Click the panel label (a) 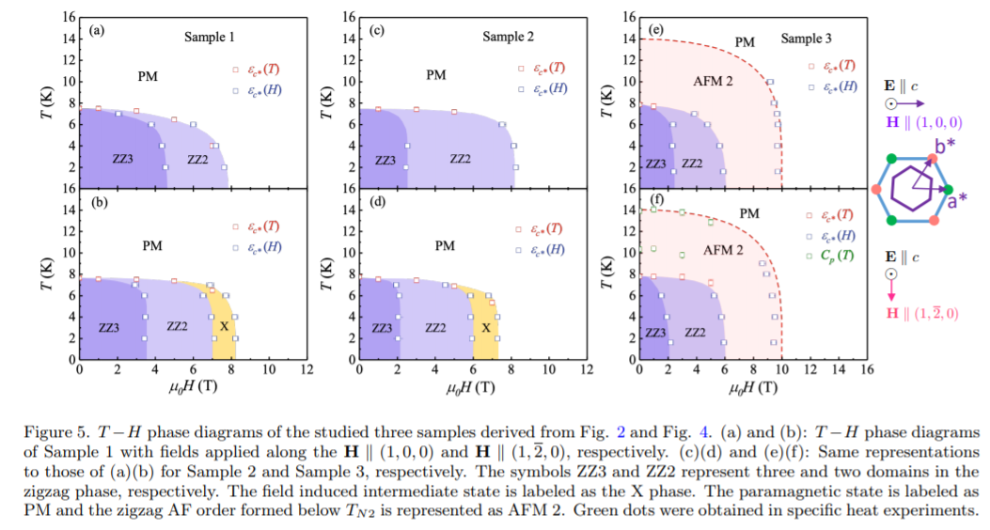pos(95,30)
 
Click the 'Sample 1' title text pos(209,37)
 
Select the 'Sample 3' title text pos(806,39)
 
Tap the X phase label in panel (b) pos(224,325)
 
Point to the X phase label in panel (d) pos(485,327)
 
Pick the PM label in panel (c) pos(436,74)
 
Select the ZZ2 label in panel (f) pos(695,333)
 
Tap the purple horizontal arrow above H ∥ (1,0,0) pos(907,104)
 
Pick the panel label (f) pos(657,200)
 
